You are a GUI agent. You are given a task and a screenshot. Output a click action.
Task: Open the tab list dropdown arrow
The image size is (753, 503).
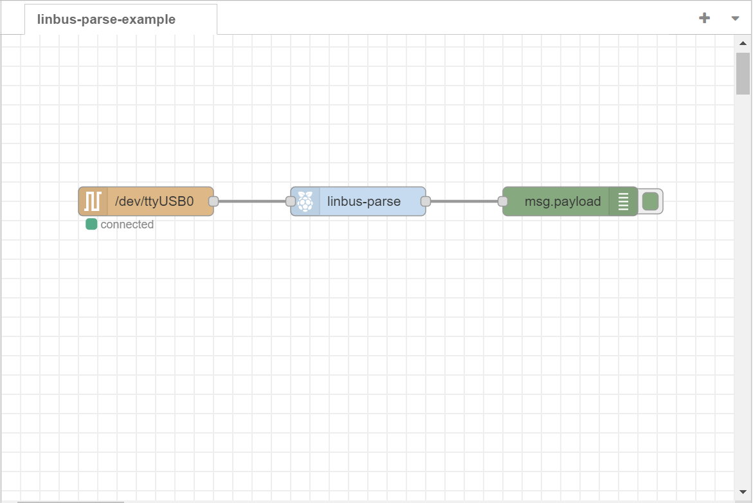click(x=735, y=19)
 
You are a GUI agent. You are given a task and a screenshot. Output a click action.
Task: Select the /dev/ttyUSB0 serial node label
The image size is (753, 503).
click(x=154, y=201)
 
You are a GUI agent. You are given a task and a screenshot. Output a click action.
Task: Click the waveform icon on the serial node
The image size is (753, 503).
click(x=93, y=201)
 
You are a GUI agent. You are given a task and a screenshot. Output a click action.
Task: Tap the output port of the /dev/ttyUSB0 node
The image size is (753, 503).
click(x=213, y=201)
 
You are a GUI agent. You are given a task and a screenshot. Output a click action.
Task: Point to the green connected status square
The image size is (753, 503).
click(x=91, y=224)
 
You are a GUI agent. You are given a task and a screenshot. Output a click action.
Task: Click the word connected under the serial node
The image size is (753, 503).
click(x=127, y=224)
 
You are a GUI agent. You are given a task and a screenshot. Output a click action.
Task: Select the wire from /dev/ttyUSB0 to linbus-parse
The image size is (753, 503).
click(x=252, y=201)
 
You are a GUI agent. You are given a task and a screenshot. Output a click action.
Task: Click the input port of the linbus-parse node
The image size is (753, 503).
click(x=291, y=201)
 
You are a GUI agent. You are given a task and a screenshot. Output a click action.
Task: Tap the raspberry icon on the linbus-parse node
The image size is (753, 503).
click(x=305, y=201)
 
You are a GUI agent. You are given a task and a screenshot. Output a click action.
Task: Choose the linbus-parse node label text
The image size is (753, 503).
click(x=364, y=201)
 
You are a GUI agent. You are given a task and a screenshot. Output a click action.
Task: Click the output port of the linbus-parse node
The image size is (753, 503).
click(x=426, y=201)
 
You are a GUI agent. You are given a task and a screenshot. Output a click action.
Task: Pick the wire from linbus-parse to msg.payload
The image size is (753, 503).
click(x=464, y=201)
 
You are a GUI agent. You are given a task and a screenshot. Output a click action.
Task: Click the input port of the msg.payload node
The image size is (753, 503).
click(x=503, y=201)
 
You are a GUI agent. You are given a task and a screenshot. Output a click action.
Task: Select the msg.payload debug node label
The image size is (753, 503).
click(x=563, y=201)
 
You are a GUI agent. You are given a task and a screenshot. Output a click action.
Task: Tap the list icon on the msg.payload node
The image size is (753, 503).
click(x=623, y=201)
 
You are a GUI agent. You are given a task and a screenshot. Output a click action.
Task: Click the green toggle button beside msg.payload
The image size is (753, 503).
click(x=650, y=201)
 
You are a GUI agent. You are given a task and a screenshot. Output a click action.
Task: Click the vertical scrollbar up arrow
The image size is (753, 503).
click(x=743, y=43)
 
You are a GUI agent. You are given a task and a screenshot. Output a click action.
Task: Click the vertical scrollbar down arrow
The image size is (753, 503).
click(x=743, y=492)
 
